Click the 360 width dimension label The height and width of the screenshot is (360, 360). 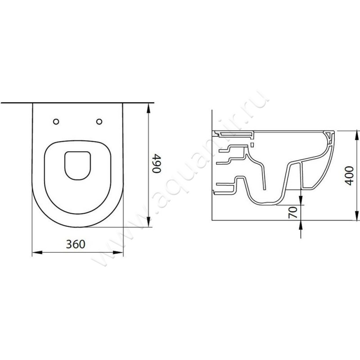click(76, 244)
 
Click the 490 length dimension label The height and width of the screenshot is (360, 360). click(157, 163)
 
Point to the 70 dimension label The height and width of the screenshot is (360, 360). click(293, 212)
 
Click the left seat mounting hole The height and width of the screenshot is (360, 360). click(56, 121)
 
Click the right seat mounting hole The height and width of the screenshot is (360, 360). click(99, 121)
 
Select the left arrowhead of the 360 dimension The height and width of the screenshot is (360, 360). click(37, 252)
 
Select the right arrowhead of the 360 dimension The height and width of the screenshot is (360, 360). click(118, 252)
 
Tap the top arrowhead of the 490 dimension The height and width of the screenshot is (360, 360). click(148, 108)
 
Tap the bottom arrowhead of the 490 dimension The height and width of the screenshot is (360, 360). click(148, 222)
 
